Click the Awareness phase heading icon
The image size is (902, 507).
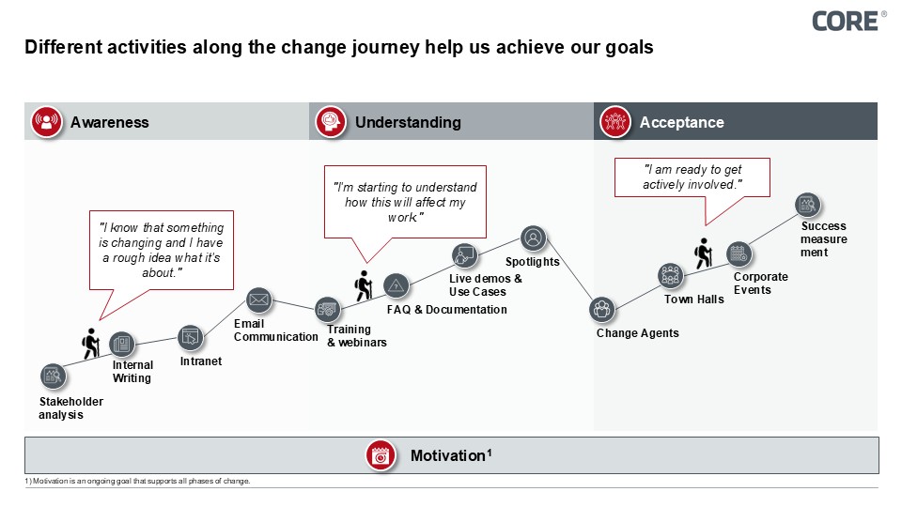[x=45, y=122]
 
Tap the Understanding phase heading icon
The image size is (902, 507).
[x=330, y=122]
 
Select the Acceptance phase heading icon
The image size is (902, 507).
[x=615, y=122]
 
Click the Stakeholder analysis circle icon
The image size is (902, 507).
[x=54, y=376]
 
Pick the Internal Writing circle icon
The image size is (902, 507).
[x=121, y=344]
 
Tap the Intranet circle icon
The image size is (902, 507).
[x=191, y=337]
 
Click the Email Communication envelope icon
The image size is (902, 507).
[x=258, y=300]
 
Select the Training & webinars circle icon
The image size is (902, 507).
[x=327, y=307]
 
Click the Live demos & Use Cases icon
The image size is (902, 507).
[x=463, y=254]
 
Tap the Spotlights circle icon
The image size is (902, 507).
[x=533, y=238]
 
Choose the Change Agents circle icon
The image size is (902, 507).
[x=601, y=308]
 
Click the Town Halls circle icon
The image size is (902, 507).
[x=670, y=275]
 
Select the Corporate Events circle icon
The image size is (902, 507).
[x=739, y=253]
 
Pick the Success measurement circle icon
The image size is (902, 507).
[x=807, y=205]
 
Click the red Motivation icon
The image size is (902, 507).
[x=380, y=455]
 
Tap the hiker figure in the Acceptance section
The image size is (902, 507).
[x=704, y=254]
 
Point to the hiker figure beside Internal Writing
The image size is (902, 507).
[x=91, y=343]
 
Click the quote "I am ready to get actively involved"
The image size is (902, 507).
[x=692, y=177]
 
